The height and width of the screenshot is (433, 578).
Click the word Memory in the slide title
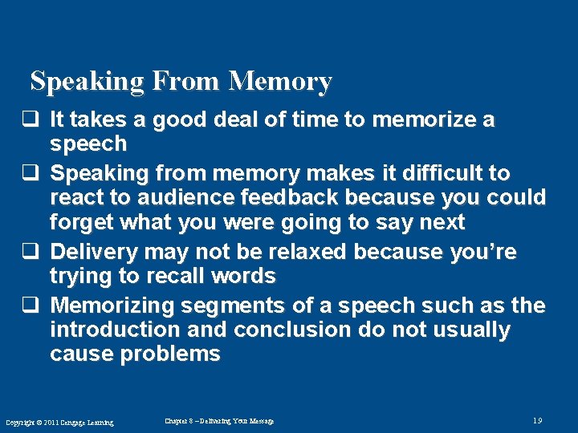pos(279,82)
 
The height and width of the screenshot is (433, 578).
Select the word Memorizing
pos(112,306)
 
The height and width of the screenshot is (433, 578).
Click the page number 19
pos(538,420)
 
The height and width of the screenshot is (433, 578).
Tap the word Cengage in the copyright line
pos(70,423)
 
